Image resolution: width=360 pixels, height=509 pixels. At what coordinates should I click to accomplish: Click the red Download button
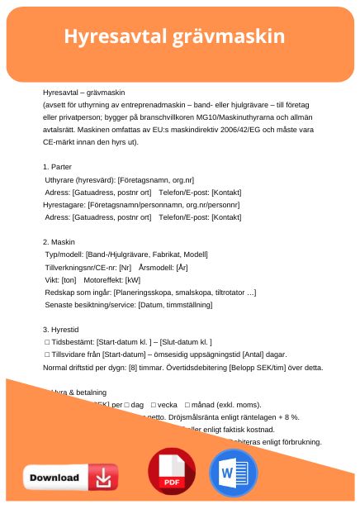point(70,478)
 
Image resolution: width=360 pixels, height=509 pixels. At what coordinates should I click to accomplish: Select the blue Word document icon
point(234,473)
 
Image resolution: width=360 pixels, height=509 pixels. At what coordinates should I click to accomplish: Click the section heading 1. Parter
point(57,167)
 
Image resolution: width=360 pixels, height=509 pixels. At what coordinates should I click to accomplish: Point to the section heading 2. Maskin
point(59,242)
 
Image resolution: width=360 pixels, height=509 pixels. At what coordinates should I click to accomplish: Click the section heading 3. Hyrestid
point(61,330)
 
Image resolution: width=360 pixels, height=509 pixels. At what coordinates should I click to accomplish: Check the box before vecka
point(148,405)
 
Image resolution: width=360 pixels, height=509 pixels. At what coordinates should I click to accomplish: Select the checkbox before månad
point(188,405)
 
